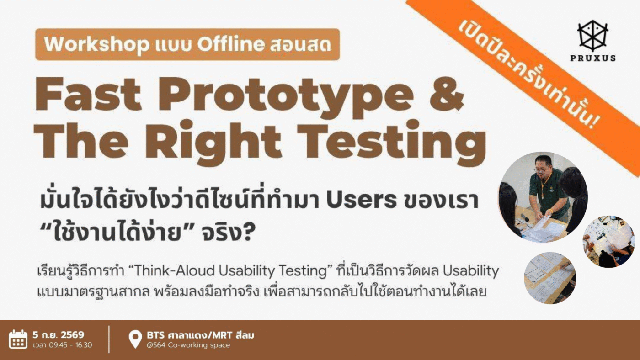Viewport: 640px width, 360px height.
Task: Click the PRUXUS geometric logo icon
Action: click(592, 36)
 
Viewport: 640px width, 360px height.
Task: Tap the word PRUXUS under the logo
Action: click(593, 58)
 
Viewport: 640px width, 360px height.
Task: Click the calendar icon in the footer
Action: click(18, 339)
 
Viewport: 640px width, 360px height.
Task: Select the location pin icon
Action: click(135, 339)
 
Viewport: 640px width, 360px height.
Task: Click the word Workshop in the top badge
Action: click(96, 44)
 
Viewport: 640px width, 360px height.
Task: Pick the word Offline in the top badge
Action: click(231, 44)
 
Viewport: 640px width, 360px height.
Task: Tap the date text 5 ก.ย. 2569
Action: click(59, 335)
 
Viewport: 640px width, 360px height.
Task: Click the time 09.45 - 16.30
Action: click(70, 345)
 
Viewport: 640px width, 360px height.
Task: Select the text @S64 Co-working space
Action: click(188, 345)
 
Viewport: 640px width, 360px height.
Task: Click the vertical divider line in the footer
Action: click(109, 339)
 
